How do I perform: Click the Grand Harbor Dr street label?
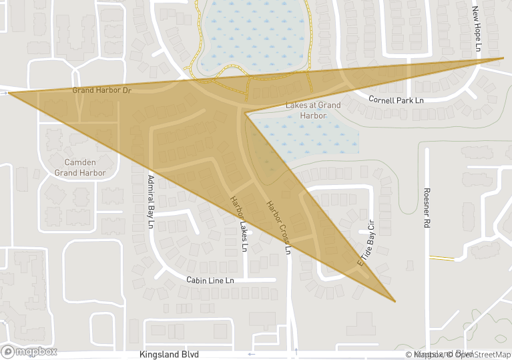[x=102, y=90]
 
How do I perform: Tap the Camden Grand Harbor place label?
[x=80, y=168]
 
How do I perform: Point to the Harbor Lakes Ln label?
[x=239, y=224]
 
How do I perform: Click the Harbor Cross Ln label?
[x=279, y=227]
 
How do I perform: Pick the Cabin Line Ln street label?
[x=210, y=281]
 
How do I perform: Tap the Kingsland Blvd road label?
[x=170, y=355]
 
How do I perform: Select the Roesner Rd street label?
[x=425, y=208]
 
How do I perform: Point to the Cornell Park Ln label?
[x=397, y=100]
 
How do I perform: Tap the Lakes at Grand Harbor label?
[x=313, y=110]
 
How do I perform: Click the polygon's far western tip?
[x=9, y=94]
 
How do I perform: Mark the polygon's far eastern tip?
[x=503, y=58]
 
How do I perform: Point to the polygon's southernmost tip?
[x=395, y=301]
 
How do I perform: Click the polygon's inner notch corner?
[x=246, y=113]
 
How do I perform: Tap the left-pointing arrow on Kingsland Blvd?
[x=251, y=354]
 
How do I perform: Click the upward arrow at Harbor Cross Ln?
[x=296, y=350]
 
